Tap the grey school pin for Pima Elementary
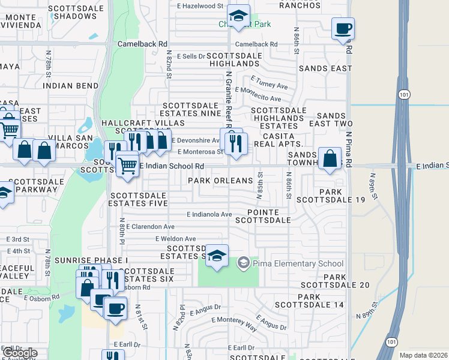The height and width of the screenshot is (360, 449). pos(243,263)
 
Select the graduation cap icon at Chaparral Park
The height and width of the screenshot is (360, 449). pos(238,16)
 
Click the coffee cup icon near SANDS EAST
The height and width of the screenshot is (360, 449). pos(343,29)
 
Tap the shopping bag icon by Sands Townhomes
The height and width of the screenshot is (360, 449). pos(330,160)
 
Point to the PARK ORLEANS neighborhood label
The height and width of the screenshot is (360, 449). pos(220,181)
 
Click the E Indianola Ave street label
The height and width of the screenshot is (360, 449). pos(209,214)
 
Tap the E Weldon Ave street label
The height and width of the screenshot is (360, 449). pos(175,239)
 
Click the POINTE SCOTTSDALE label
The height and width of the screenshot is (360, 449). pos(269,217)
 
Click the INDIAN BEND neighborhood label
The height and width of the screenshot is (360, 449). pos(70,86)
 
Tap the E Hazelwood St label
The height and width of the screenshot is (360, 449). pos(200,6)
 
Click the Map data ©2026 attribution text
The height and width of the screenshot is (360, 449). pos(423,355)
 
